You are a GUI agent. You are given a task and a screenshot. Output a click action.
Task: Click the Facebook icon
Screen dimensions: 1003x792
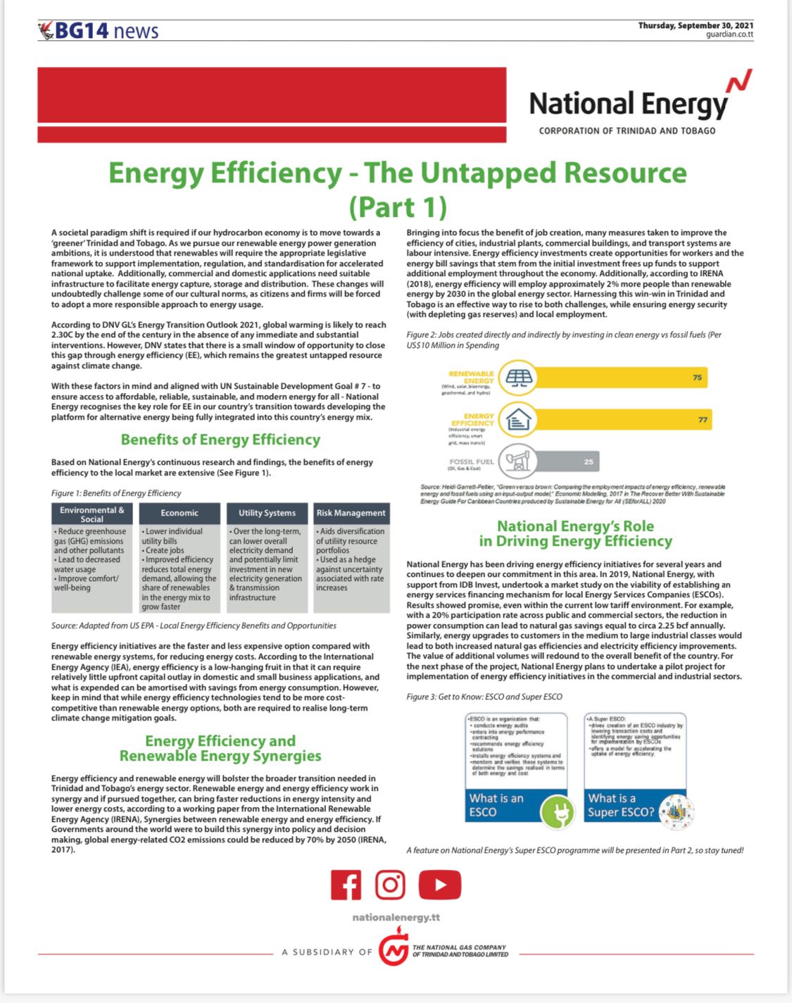coord(346,885)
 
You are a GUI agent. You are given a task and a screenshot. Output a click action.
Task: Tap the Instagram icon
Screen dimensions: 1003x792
coord(390,885)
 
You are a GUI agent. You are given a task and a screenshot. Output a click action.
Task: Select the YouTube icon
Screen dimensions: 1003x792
coord(439,885)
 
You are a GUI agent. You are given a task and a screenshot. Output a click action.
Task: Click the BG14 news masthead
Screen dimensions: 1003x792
coord(99,31)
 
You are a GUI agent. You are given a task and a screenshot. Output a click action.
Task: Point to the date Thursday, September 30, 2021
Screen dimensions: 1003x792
coord(696,25)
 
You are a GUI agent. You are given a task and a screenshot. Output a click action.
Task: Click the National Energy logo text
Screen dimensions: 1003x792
coord(628,104)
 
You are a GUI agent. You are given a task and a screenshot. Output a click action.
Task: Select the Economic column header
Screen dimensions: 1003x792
coord(180,513)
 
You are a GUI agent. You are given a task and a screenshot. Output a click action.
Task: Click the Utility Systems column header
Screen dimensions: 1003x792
coord(267,513)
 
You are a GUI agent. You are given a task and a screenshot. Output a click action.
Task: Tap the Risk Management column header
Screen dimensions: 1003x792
coord(351,513)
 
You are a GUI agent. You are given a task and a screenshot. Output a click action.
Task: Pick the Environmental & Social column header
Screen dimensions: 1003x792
coord(92,514)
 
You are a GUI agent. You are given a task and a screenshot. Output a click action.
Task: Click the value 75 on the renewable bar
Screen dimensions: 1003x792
coord(697,378)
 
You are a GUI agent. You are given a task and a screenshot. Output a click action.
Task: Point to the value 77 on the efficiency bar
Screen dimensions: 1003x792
coord(703,420)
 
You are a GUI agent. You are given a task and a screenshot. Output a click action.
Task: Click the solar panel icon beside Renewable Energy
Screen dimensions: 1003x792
coord(520,378)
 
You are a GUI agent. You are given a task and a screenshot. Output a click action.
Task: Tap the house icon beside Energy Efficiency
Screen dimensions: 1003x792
coord(519,420)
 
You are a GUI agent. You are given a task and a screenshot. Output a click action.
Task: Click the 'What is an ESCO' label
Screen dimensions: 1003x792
coord(497,805)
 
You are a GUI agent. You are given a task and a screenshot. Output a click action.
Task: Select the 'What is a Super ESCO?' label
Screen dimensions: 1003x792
coord(621,805)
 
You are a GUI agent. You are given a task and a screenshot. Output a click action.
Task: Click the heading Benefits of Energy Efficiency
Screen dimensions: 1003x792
coord(220,440)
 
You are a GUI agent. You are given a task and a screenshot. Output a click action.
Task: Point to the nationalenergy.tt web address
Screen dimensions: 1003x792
coord(396,918)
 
